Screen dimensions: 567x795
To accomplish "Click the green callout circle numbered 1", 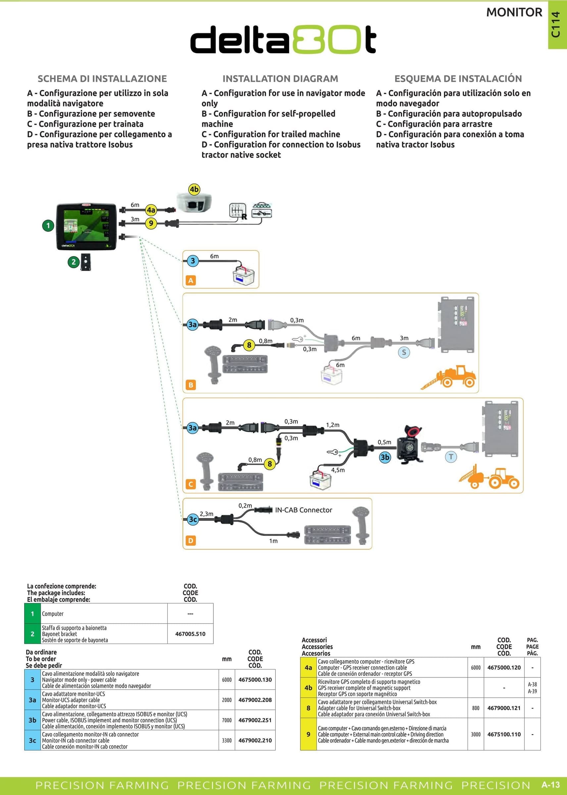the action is point(48,226).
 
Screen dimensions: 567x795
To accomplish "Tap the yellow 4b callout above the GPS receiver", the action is point(194,189).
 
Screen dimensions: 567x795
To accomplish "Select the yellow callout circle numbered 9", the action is point(151,223).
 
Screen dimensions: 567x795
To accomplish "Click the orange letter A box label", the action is point(191,280).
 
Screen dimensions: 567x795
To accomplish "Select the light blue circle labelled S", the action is point(404,352).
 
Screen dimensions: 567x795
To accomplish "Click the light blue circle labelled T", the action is point(451,457).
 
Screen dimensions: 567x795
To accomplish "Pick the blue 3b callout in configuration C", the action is point(385,457).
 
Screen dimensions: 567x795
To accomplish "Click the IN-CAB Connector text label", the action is point(303,510).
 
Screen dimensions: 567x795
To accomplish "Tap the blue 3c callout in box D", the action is point(193,519).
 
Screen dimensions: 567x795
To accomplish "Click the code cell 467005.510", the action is point(190,634).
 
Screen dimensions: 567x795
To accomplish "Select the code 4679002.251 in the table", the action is point(255,720).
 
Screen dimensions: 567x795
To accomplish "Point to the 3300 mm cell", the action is point(227,740).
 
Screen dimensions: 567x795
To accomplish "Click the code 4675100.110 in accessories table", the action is point(504,734).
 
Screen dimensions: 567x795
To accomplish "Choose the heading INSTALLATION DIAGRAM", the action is point(281,79).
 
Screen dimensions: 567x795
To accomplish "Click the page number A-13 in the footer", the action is point(550,785).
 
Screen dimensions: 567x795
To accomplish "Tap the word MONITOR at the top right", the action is point(514,13).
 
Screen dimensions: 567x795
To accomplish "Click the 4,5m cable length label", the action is point(338,470).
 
